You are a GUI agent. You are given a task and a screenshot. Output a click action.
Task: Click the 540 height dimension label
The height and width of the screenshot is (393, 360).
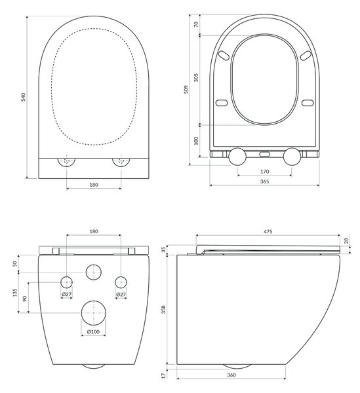23,97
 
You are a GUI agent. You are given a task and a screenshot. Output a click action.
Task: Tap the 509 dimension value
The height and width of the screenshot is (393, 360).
186,90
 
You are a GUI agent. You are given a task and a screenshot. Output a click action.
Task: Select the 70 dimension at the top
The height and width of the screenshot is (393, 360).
196,24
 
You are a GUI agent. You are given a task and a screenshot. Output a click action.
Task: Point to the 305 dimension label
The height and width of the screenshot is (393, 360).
196,77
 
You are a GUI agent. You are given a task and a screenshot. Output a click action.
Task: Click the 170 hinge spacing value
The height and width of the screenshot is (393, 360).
265,172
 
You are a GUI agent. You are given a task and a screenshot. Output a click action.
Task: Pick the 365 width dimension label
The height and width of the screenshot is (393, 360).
265,181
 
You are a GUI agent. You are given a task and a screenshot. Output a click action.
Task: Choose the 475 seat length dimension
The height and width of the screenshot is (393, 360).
268,232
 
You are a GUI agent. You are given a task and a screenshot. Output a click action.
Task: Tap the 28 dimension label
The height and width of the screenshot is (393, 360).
346,241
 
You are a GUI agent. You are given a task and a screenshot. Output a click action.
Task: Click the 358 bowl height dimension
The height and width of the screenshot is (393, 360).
163,309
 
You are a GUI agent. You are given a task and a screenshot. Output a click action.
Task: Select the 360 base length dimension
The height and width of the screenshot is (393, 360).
231,375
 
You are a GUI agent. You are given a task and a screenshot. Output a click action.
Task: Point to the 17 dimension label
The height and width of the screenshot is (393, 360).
163,375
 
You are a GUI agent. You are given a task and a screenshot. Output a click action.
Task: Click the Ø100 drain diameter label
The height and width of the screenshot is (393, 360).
93,331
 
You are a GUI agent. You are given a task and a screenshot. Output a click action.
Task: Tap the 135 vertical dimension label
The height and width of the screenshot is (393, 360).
15,293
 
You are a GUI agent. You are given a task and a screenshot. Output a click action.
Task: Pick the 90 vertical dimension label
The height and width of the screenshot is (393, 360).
24,299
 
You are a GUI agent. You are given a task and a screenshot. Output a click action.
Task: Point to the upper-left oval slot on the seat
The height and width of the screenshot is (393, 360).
224,56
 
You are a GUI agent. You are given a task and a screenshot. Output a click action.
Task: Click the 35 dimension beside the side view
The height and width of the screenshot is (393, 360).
163,250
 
